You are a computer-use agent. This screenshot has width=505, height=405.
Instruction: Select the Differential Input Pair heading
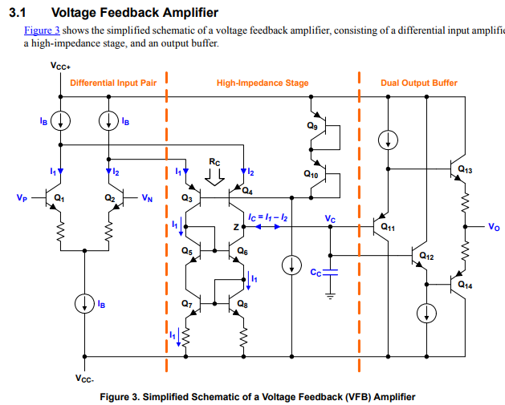point(113,83)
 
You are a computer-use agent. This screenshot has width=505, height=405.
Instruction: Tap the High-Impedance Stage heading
point(262,83)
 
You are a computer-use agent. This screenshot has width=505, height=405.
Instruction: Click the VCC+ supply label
point(61,67)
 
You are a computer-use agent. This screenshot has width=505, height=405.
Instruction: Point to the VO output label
point(493,227)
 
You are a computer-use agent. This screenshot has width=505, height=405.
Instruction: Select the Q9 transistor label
point(312,126)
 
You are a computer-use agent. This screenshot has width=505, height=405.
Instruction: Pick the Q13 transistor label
point(465,170)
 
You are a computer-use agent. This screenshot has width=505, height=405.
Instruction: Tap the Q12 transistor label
point(426,257)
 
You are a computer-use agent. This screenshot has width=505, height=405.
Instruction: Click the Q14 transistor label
point(465,284)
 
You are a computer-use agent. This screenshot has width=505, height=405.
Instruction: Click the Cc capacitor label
point(316,272)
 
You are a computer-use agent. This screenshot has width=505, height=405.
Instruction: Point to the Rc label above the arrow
point(214,161)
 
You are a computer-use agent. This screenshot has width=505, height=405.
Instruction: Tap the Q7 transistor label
point(186,304)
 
